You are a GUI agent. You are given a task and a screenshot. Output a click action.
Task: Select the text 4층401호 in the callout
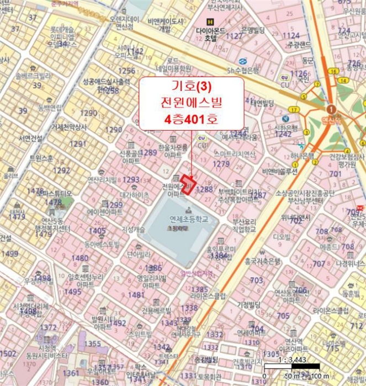coord(191,118)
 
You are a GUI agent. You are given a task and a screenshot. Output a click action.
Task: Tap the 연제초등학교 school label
coord(189,219)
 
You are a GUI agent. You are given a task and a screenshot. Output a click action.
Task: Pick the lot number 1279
coord(221,164)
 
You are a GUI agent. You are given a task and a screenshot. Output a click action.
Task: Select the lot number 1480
coord(80,258)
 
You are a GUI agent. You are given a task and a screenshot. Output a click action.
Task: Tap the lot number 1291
coord(78,143)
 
